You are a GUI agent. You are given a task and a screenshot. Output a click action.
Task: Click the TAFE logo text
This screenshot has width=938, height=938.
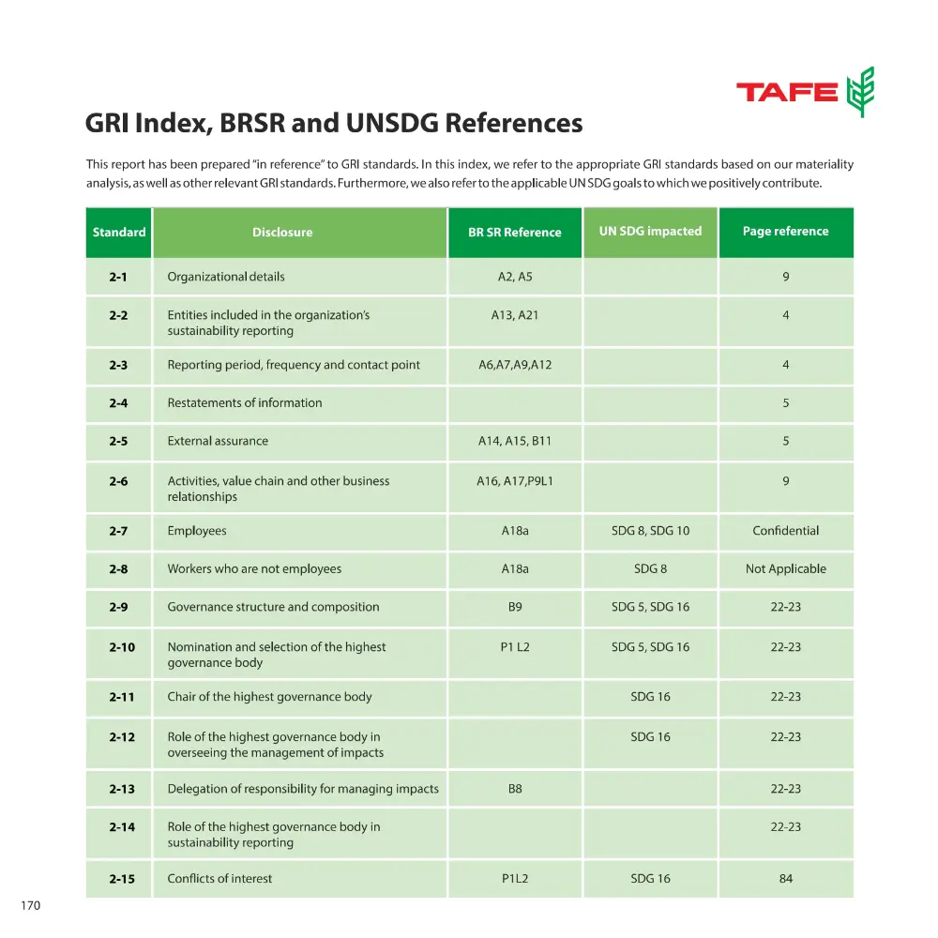click(786, 92)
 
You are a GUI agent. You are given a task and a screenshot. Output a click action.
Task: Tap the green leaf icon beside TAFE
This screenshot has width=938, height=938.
click(860, 92)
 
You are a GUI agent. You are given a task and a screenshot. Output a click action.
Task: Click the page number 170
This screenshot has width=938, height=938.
click(31, 906)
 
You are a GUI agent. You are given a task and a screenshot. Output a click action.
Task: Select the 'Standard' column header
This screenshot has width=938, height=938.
click(119, 232)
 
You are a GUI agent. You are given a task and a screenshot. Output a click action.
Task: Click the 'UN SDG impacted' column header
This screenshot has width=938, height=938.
click(650, 231)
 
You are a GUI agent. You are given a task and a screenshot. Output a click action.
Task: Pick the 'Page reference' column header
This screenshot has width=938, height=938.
click(785, 231)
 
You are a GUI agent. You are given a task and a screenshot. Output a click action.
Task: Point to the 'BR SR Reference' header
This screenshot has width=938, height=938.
click(514, 233)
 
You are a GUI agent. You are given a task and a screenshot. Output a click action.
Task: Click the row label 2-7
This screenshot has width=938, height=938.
click(118, 531)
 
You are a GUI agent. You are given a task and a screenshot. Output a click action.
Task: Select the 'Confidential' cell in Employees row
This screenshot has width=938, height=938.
click(785, 531)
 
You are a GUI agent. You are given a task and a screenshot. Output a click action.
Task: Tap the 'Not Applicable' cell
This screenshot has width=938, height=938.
click(785, 568)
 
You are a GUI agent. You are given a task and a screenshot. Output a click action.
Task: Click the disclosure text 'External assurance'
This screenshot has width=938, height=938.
click(218, 441)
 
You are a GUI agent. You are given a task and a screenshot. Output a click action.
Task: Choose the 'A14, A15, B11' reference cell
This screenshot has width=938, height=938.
click(514, 441)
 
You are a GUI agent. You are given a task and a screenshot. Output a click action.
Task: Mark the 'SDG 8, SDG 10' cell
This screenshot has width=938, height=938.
click(650, 531)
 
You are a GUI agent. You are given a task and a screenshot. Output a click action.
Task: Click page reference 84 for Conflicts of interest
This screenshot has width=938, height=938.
click(785, 879)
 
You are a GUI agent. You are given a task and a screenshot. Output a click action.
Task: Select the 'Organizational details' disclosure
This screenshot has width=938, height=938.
click(226, 277)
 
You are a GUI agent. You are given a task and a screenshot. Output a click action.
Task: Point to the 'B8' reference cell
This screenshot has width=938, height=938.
click(514, 789)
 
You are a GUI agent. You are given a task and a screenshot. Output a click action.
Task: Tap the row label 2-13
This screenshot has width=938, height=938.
click(121, 789)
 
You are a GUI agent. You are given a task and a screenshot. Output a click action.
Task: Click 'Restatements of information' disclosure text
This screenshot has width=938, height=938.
click(245, 403)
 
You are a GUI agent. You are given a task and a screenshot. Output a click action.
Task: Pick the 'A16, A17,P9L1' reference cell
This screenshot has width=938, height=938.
click(514, 481)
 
